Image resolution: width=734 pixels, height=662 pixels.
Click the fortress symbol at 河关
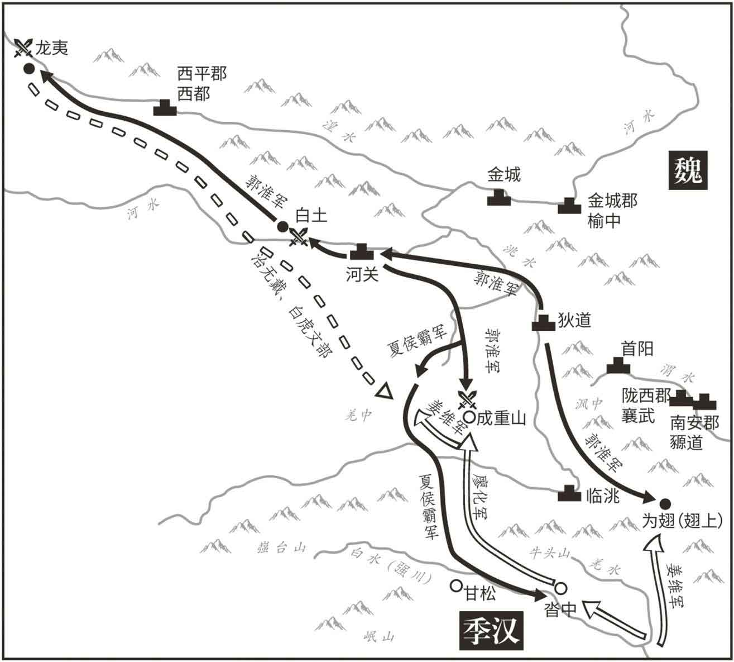(362, 253)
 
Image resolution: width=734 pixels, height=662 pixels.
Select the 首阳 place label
(637, 349)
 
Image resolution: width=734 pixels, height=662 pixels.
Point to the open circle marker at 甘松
(456, 585)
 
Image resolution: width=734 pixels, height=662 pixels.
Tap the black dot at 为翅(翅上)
(665, 502)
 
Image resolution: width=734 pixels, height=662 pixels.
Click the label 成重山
(501, 418)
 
